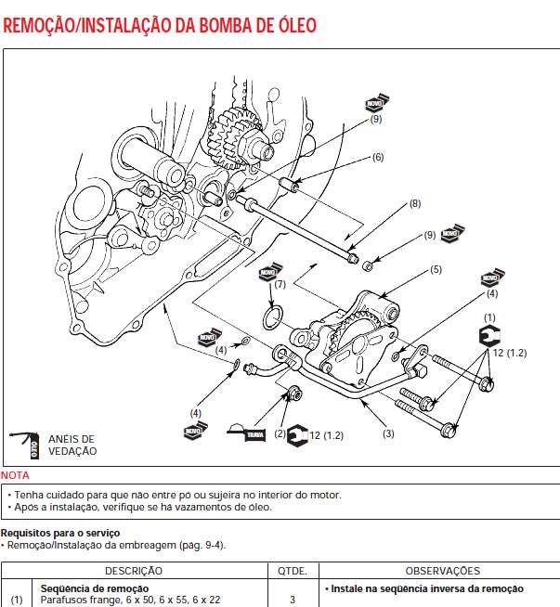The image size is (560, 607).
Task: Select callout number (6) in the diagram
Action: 377,158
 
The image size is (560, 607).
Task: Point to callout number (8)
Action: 414,203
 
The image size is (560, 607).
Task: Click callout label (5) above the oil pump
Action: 435,270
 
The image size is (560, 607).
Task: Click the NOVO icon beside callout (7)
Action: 268,276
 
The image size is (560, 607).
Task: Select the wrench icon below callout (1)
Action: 488,337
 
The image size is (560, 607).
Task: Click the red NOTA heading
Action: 15,475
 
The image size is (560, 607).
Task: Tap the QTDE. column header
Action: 292,571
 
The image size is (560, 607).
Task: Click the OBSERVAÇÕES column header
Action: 442,571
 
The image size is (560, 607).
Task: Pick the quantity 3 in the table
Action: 292,601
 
